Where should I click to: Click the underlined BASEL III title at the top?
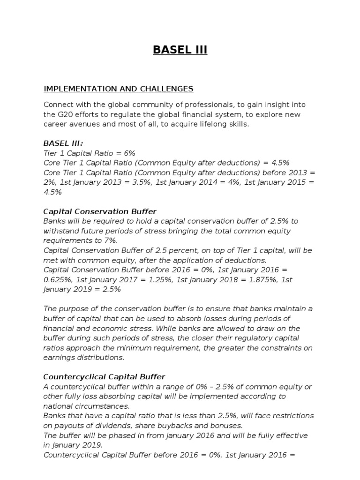click(x=180, y=50)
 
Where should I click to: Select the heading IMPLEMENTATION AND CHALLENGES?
click(x=118, y=89)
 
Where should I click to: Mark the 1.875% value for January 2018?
click(x=256, y=280)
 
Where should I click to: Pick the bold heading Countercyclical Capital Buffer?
click(x=104, y=377)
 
